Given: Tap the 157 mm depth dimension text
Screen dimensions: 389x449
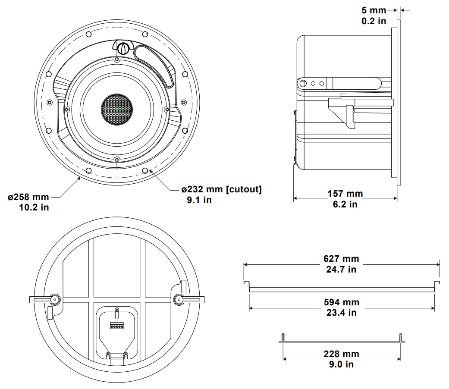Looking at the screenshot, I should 345,194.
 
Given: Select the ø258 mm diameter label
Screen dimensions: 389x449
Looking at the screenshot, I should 28,197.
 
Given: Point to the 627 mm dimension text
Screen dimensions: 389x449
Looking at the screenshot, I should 341,259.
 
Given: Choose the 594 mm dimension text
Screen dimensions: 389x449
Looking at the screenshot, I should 341,302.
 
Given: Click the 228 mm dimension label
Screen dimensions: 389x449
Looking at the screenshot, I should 341,354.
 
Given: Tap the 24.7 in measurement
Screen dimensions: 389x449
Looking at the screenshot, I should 341,270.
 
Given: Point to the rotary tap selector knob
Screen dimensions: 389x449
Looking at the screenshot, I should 122,48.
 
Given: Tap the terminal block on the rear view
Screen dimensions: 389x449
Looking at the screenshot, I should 117,326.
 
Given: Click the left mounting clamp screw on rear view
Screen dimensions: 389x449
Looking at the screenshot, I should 55,299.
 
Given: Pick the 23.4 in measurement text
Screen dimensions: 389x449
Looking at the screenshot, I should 341,313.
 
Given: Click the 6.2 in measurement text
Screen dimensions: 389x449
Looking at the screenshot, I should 345,204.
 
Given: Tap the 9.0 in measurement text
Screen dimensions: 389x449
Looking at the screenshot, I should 341,364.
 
